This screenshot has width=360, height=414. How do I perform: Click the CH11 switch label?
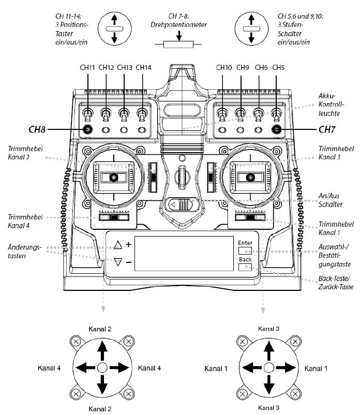(88, 67)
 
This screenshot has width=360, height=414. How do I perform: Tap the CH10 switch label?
(224, 67)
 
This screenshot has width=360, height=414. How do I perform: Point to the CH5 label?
(278, 67)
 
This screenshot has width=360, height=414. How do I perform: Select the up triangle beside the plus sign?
(118, 245)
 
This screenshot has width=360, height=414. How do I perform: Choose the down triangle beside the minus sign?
(118, 262)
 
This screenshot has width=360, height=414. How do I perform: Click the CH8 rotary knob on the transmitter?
(88, 129)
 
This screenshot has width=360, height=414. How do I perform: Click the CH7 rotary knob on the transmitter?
(277, 129)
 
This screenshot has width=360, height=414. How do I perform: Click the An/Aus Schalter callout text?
(332, 200)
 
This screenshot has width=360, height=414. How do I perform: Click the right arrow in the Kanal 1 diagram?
(284, 368)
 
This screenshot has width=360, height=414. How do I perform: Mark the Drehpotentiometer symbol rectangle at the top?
(177, 45)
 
